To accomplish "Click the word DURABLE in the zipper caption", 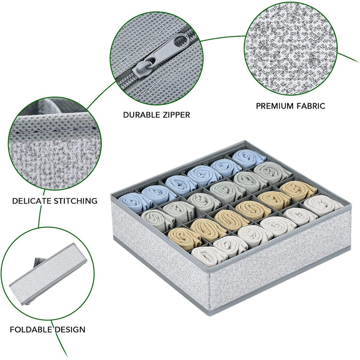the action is click(140, 115).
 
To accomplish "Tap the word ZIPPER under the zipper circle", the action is click(175, 115).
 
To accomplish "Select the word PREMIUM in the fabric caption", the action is click(275, 106).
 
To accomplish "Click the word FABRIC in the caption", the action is click(311, 106).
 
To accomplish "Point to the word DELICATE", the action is click(32, 201).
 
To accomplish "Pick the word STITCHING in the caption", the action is click(76, 201).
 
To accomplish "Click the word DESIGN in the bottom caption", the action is click(70, 330).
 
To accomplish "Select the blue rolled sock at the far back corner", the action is click(248, 158).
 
